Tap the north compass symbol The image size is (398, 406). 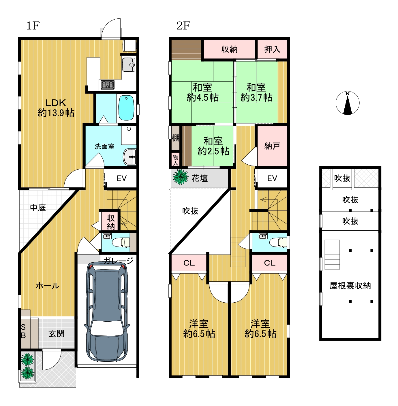click(x=347, y=103)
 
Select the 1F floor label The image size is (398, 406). click(x=33, y=26)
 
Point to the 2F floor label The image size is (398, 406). click(x=183, y=26)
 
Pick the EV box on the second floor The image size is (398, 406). click(x=271, y=178)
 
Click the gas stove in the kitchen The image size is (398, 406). click(x=108, y=85)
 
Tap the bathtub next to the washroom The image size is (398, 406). click(x=126, y=108)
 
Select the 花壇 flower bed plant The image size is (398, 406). click(x=181, y=177)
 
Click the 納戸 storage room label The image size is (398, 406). click(x=272, y=146)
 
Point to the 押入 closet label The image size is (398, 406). click(x=272, y=49)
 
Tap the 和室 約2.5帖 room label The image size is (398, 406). click(x=213, y=146)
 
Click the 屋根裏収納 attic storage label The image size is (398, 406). click(x=350, y=286)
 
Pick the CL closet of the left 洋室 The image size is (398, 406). click(x=189, y=263)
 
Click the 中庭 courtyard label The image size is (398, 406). click(x=38, y=208)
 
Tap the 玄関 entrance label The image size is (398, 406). click(x=56, y=333)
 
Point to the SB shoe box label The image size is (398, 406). click(x=23, y=331)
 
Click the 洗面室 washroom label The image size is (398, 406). click(x=104, y=147)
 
